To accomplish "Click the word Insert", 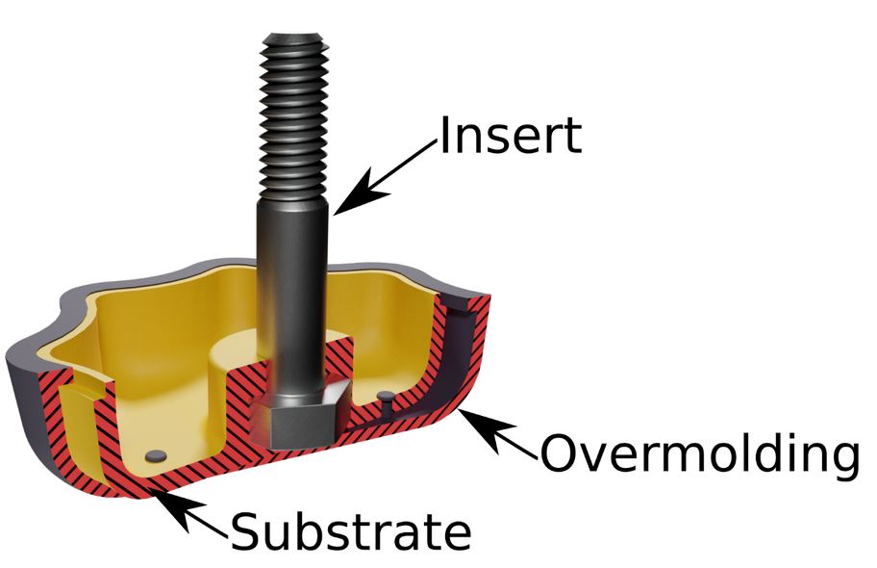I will (511, 137).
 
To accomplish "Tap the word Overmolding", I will (698, 453).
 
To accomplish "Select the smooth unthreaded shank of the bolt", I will (291, 289).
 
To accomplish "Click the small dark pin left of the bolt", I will (154, 453).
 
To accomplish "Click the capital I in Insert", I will (445, 137).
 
